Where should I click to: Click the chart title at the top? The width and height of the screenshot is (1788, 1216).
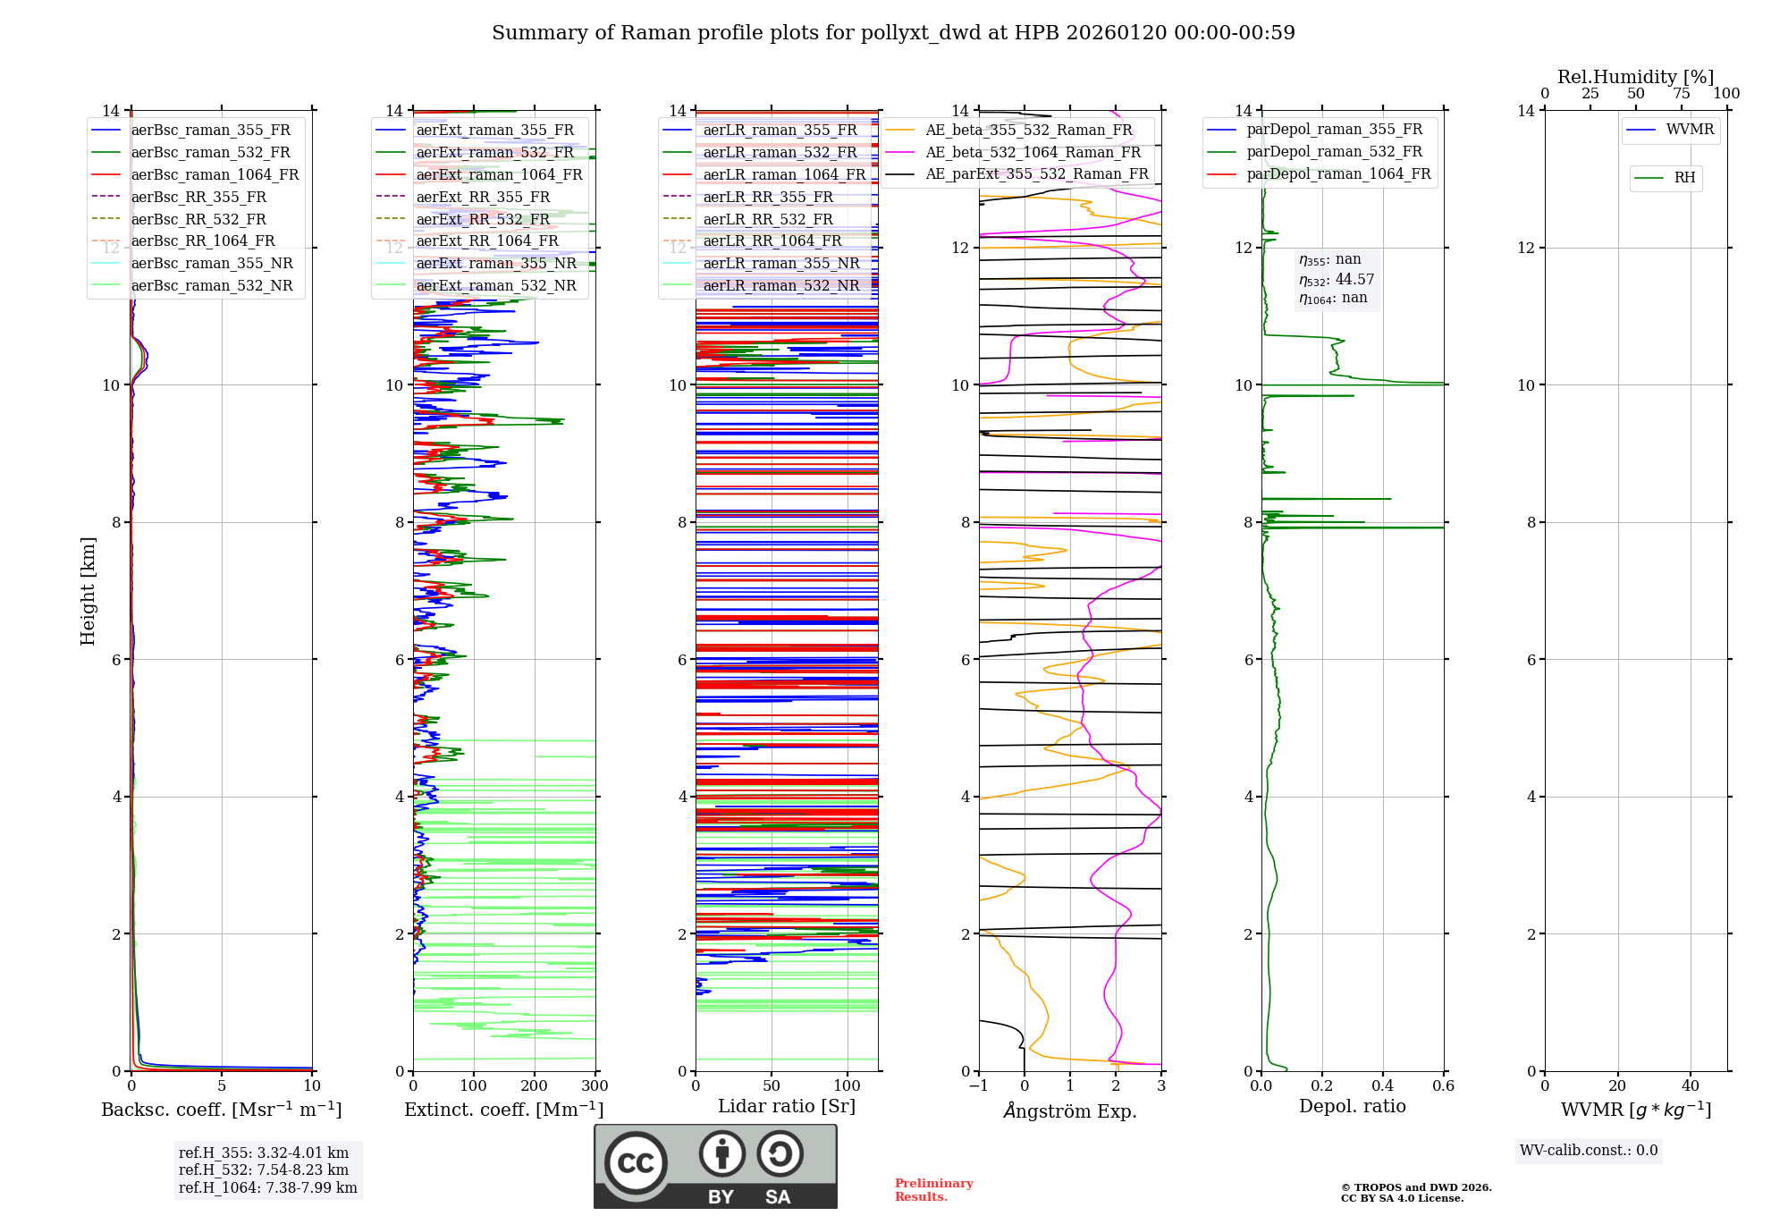pos(893,33)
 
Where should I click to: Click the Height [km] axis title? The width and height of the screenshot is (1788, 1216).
pos(88,590)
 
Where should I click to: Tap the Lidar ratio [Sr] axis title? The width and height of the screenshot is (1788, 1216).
pos(787,1106)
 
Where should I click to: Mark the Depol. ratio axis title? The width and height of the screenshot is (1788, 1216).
pos(1352,1106)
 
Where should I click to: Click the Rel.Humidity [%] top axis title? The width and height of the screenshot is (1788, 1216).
pos(1635,77)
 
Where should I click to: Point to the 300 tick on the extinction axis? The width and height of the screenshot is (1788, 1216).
pos(595,1086)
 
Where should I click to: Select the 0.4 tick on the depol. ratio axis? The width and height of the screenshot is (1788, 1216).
pos(1382,1086)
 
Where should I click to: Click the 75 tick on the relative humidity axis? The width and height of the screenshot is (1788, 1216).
pos(1681,94)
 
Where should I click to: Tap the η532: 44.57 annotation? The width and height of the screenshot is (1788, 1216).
pos(1337,280)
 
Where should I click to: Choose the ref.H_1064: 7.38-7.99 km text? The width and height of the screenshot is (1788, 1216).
pos(267,1187)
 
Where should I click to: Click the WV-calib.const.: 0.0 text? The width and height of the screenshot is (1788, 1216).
pos(1589,1151)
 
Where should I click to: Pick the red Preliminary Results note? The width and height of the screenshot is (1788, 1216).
pos(933,1190)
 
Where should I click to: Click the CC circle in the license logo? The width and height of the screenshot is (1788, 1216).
pos(636,1163)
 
